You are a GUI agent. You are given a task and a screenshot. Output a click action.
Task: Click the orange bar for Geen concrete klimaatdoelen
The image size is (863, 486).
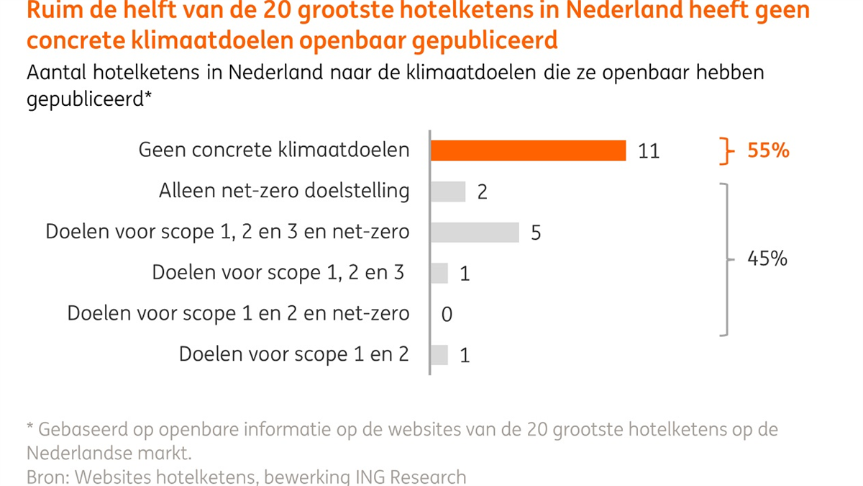pyautogui.click(x=528, y=150)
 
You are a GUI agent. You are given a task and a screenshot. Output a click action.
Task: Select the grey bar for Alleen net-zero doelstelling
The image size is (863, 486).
pyautogui.click(x=448, y=192)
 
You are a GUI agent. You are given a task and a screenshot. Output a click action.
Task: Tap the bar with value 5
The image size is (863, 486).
pyautogui.click(x=475, y=233)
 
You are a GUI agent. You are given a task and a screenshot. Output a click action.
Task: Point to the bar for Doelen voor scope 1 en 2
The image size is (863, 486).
pyautogui.click(x=439, y=355)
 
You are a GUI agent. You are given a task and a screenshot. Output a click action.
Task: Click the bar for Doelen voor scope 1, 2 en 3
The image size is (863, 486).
pyautogui.click(x=439, y=274)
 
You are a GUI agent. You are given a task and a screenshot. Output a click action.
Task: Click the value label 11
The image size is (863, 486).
pyautogui.click(x=648, y=151)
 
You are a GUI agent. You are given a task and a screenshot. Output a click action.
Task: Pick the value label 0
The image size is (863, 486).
pyautogui.click(x=447, y=315)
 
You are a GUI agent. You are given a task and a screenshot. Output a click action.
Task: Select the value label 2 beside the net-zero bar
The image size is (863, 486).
pyautogui.click(x=482, y=192)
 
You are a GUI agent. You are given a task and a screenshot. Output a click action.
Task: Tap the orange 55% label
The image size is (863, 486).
pyautogui.click(x=768, y=151)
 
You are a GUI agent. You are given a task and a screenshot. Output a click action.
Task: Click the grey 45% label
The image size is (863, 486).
pyautogui.click(x=767, y=259)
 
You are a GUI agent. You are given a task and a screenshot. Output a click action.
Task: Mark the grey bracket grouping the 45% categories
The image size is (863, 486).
pyautogui.click(x=726, y=259)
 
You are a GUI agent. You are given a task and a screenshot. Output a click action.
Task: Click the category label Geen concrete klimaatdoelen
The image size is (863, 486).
pyautogui.click(x=274, y=150)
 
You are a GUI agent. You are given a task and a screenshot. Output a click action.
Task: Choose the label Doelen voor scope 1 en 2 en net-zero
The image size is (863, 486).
pyautogui.click(x=238, y=315)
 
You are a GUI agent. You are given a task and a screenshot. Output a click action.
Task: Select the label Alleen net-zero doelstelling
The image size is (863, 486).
pyautogui.click(x=284, y=192)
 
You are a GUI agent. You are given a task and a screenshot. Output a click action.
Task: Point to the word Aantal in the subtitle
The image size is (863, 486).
pyautogui.click(x=55, y=73)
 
